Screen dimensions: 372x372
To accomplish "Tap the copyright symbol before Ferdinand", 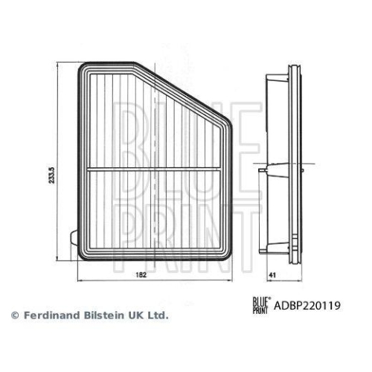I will coord(15,315).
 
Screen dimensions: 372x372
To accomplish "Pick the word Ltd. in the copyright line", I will coord(158,315).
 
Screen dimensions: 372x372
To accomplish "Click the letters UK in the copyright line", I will coord(137,315).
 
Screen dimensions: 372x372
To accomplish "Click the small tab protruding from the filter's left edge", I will coord(74,239).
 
